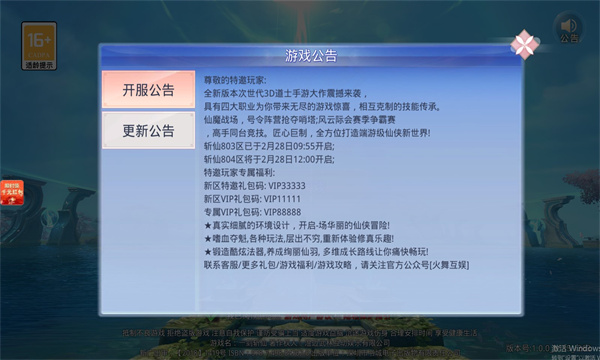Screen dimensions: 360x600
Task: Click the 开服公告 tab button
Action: [x=148, y=90]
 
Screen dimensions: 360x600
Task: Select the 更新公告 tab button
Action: [x=148, y=130]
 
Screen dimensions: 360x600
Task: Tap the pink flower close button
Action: [x=524, y=45]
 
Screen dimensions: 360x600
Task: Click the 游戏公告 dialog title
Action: [x=312, y=55]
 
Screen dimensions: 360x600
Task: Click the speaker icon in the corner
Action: [x=569, y=26]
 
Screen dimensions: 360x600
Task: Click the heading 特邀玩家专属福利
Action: [x=242, y=172]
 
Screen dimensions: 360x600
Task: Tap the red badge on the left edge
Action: [x=12, y=165]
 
